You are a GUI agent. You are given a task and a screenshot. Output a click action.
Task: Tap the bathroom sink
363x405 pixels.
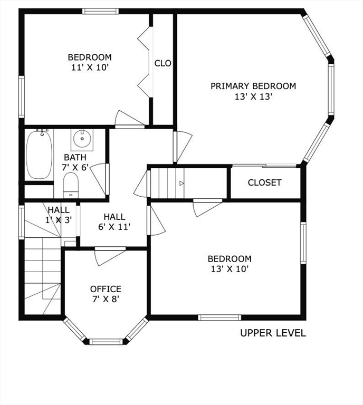click(82, 139)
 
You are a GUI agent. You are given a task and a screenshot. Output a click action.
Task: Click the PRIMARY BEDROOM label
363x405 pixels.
click(253, 86)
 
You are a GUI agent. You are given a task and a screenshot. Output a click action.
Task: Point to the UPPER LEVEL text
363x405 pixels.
click(273, 333)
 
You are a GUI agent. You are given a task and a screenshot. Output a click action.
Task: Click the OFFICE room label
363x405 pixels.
click(106, 289)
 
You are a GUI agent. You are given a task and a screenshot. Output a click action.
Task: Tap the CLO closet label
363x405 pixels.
click(163, 63)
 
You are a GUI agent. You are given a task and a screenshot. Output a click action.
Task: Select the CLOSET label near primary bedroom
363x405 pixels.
click(264, 182)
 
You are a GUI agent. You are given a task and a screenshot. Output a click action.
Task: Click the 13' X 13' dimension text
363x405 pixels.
click(253, 97)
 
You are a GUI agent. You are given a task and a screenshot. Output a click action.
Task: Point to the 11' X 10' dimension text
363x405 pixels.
click(90, 67)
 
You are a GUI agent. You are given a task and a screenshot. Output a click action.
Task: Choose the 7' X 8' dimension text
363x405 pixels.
click(106, 300)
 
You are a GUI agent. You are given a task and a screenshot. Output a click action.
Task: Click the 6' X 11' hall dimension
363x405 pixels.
click(114, 227)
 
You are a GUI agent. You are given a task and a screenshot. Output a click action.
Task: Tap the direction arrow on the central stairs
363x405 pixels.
click(182, 184)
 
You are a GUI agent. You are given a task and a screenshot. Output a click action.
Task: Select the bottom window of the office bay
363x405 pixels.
click(106, 342)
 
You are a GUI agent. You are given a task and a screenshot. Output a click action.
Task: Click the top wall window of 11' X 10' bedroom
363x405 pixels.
click(100, 11)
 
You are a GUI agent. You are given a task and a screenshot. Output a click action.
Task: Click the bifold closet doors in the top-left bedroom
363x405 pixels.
click(145, 62)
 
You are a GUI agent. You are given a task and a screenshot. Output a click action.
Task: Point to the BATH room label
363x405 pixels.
click(75, 157)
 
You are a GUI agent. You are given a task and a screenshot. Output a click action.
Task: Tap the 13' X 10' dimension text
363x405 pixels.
click(229, 269)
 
